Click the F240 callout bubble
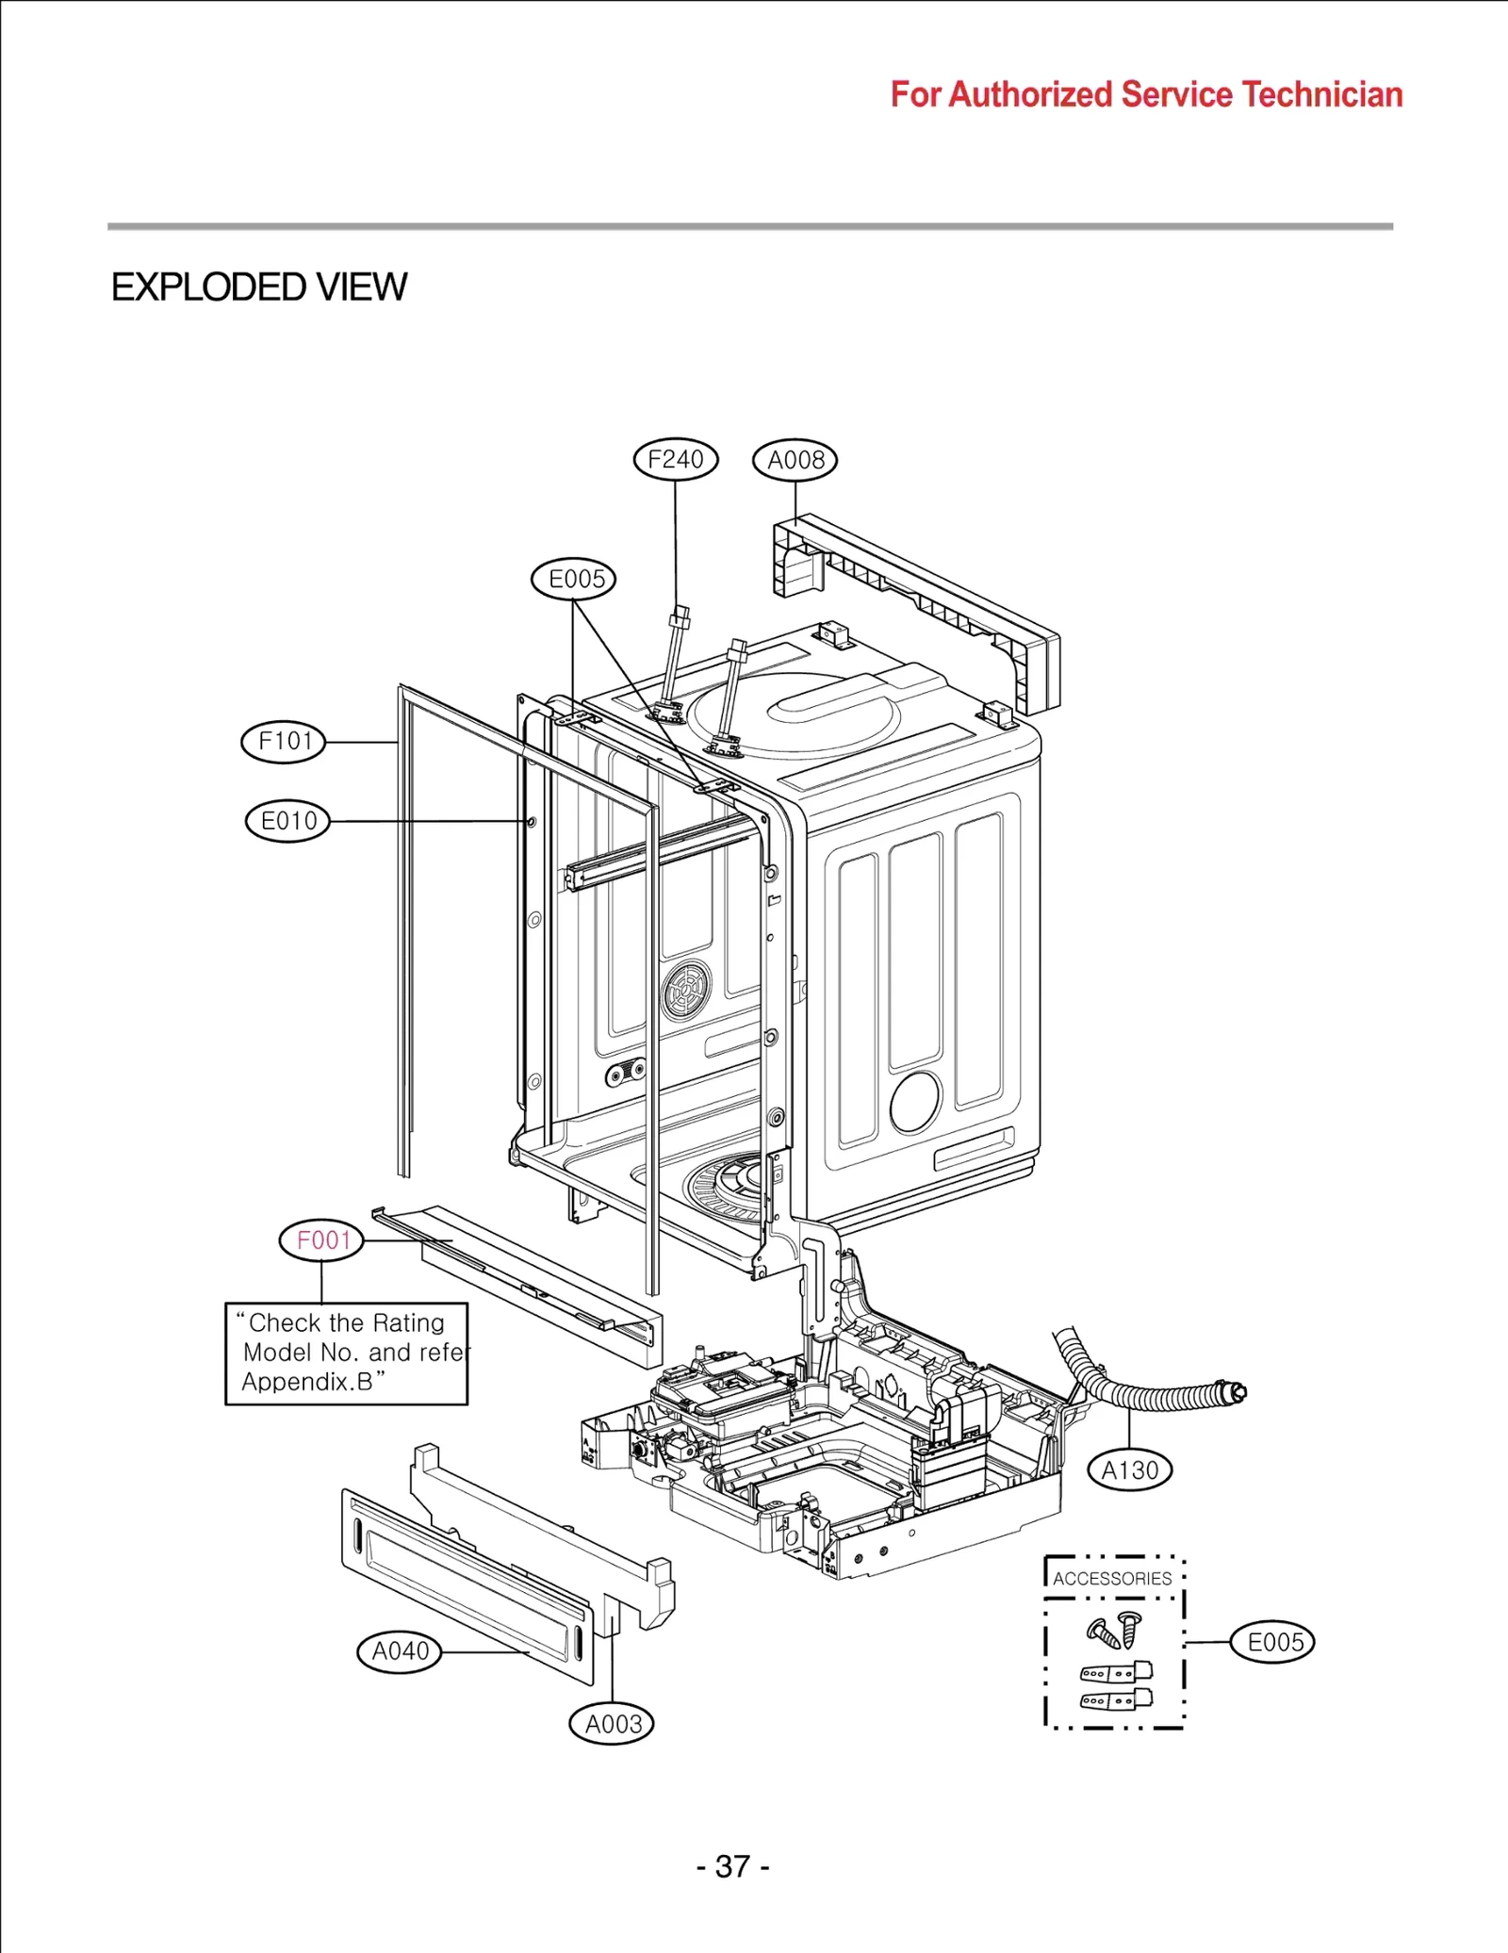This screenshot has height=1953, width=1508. click(x=675, y=459)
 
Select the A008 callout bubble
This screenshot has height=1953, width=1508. click(x=795, y=460)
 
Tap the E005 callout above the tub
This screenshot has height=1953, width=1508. click(x=573, y=578)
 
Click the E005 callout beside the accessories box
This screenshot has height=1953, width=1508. click(x=1272, y=1642)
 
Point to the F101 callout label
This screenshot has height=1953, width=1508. click(x=284, y=741)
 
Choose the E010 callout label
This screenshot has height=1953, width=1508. click(x=287, y=820)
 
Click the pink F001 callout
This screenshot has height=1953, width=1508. click(x=321, y=1239)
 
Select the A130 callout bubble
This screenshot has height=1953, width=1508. click(x=1129, y=1469)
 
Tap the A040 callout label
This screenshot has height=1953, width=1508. click(x=400, y=1650)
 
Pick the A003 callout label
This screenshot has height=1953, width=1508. click(x=612, y=1724)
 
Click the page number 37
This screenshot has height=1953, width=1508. click(x=732, y=1866)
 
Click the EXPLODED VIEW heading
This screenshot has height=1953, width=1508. click(x=259, y=287)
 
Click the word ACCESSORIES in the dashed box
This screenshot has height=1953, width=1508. click(x=1112, y=1578)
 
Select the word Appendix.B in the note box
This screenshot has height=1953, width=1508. click(x=307, y=1382)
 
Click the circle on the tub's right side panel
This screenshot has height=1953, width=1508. click(x=914, y=1101)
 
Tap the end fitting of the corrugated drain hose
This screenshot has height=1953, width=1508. click(x=1233, y=1391)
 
